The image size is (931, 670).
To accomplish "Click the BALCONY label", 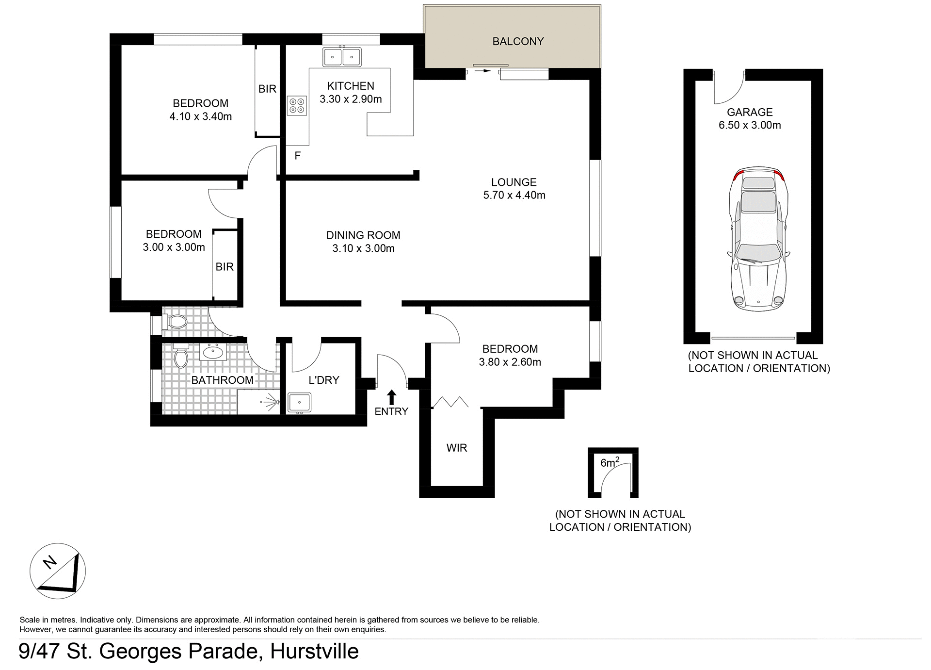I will [x=518, y=42].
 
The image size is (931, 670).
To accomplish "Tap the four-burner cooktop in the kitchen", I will [x=297, y=106].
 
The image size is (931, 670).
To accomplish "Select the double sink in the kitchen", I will [x=342, y=57].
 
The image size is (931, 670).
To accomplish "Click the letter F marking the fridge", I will [x=298, y=156].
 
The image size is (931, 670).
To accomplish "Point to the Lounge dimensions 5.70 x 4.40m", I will [x=514, y=196].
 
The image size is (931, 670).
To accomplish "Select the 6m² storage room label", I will [x=610, y=462].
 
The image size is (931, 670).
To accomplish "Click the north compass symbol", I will [x=58, y=572].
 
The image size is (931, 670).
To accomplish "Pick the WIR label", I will [x=456, y=448].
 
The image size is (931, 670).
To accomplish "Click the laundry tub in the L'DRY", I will [x=299, y=403].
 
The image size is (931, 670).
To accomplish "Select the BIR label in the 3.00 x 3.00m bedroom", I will [x=225, y=267].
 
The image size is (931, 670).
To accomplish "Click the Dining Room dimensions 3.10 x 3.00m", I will [x=363, y=249].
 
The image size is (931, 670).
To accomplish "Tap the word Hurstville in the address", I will [x=314, y=651].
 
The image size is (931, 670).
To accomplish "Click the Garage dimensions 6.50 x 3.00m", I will [x=750, y=125].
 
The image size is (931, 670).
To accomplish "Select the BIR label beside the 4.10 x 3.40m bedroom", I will [x=267, y=89].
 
